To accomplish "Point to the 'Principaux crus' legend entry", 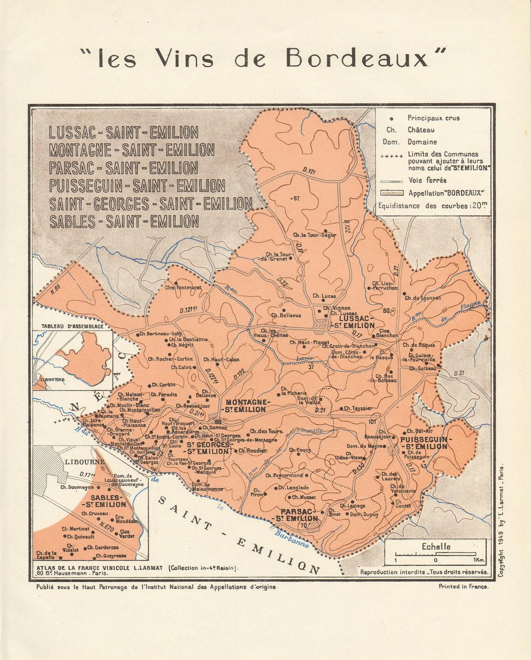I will point(433,118).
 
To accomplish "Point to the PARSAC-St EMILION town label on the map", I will point(300,515).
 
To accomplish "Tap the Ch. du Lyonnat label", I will point(423,297).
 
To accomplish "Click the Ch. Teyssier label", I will point(358,408).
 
